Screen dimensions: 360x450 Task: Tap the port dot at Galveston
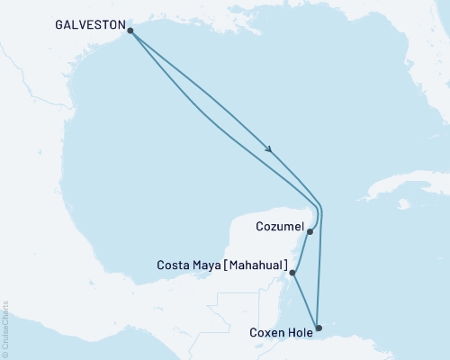pos(131,31)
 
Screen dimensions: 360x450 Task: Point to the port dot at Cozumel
pos(310,231)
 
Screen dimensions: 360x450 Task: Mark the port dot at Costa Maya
pos(293,271)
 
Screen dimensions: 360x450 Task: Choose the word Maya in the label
pos(205,265)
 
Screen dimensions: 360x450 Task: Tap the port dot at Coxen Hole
pos(318,328)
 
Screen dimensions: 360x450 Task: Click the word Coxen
pos(264,332)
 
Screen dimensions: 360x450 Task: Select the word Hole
pos(298,332)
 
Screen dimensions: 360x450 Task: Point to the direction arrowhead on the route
pos(269,149)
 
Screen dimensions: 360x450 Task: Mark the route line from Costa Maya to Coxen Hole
pos(305,299)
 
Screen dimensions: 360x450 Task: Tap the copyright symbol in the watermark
pos(6,354)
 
